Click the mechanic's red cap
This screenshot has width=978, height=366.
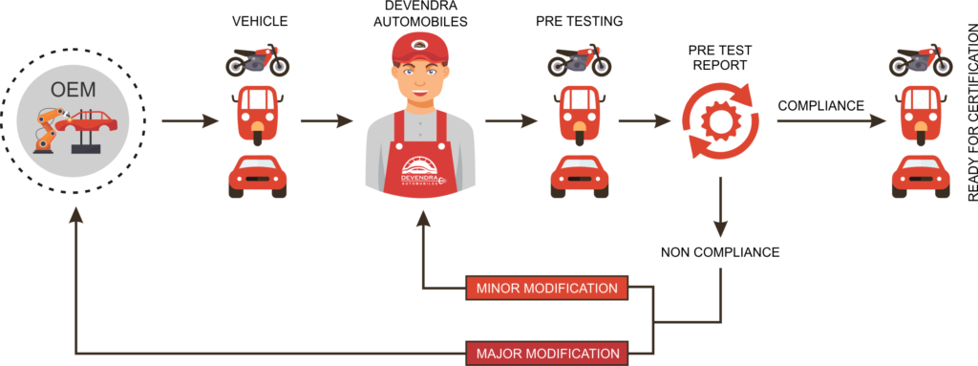click(x=419, y=49)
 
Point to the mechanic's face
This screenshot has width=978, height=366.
click(x=420, y=82)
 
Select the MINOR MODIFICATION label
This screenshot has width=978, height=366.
click(x=547, y=288)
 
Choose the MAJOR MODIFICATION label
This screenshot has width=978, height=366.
click(x=547, y=353)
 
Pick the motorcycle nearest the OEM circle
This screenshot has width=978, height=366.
click(x=257, y=61)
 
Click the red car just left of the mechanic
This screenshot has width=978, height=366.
click(x=257, y=176)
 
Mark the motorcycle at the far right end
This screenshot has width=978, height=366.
click(x=921, y=61)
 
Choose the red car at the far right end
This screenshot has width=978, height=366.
click(x=921, y=176)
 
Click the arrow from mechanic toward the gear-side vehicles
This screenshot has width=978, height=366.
click(x=509, y=121)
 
